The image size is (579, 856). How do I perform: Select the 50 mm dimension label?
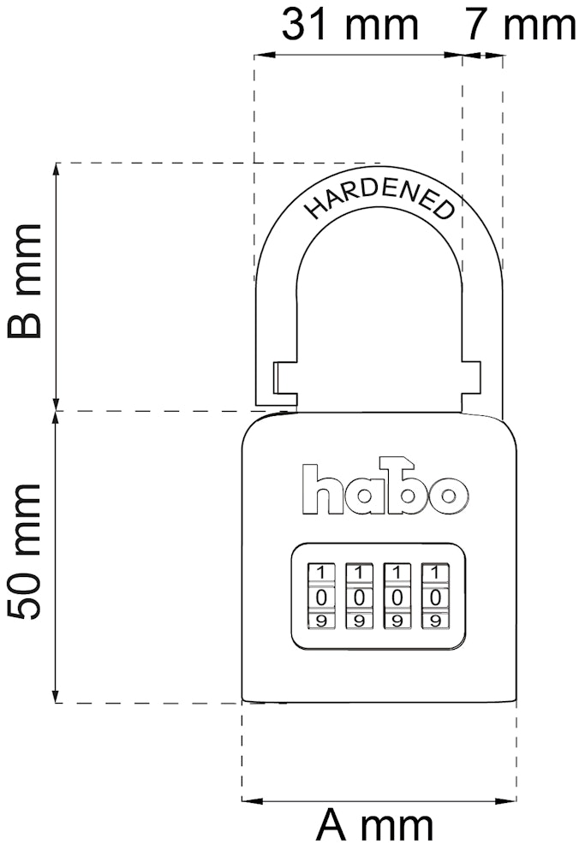pos(24,552)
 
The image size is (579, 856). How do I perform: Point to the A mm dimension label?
pos(374,827)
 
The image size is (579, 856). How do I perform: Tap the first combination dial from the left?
pos(322,596)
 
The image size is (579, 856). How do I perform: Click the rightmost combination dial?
pos(435,596)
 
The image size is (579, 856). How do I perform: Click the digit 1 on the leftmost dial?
pos(322,572)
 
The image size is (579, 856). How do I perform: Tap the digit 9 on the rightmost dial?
pos(435,620)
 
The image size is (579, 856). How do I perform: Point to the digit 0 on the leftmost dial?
pos(322,596)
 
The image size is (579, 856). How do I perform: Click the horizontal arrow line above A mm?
pos(379,801)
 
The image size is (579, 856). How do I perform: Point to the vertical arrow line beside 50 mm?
pos(57,556)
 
